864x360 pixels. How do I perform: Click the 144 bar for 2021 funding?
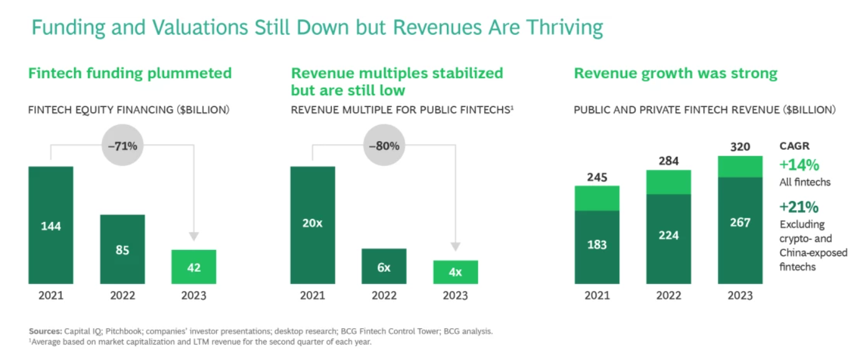click(x=51, y=225)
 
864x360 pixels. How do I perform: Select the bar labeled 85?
click(x=122, y=249)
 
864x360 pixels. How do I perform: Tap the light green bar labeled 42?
click(x=194, y=267)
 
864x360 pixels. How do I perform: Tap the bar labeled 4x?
click(x=456, y=272)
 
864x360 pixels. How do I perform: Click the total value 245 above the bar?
click(x=597, y=178)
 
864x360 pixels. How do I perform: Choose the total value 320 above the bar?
click(x=740, y=147)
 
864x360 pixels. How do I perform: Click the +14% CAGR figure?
click(x=799, y=165)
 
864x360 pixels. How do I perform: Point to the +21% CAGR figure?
click(x=799, y=206)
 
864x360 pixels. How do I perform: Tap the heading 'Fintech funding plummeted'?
click(x=130, y=73)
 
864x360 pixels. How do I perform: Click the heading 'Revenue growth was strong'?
click(x=676, y=73)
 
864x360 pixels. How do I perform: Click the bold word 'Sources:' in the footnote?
click(x=45, y=331)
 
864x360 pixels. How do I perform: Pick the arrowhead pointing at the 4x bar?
click(x=456, y=246)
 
